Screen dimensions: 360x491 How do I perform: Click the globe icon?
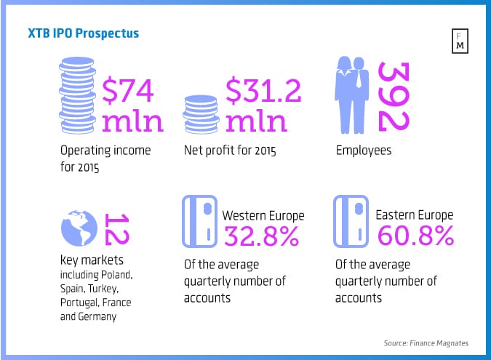[x=79, y=229]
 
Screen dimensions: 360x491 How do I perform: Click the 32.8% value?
[x=262, y=236]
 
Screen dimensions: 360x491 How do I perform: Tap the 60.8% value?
[x=415, y=236]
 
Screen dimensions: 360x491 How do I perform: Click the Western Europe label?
[x=263, y=215]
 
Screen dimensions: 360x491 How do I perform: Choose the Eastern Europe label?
[x=414, y=215]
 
